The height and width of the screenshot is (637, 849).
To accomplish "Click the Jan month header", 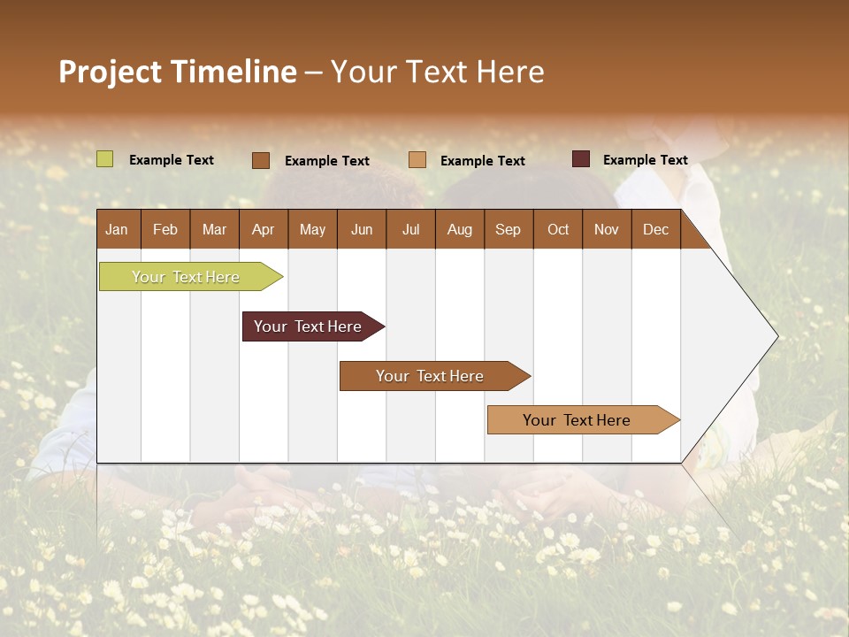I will pyautogui.click(x=117, y=229).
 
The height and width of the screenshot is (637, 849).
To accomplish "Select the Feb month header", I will pyautogui.click(x=165, y=229).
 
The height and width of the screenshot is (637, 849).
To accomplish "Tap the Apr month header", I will pyautogui.click(x=263, y=229).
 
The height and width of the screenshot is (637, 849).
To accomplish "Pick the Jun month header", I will pyautogui.click(x=362, y=229).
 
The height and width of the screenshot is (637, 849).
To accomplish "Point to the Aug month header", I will pyautogui.click(x=459, y=229).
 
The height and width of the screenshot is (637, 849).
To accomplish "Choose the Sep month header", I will pyautogui.click(x=508, y=229).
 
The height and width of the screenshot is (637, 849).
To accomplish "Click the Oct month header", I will pyautogui.click(x=558, y=229).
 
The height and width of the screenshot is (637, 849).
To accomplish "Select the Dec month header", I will pyautogui.click(x=655, y=229).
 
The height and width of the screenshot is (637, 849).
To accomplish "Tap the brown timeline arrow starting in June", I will pyautogui.click(x=431, y=376).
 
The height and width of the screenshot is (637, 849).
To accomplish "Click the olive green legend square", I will pyautogui.click(x=104, y=159).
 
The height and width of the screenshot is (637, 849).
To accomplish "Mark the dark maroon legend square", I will pyautogui.click(x=580, y=159).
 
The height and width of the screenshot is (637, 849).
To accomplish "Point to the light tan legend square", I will pyautogui.click(x=417, y=159).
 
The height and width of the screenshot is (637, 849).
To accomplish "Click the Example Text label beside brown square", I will pyautogui.click(x=326, y=160).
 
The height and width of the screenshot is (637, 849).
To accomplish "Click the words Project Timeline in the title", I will pyautogui.click(x=177, y=72).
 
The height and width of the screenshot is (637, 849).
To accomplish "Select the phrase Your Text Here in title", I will pyautogui.click(x=437, y=72).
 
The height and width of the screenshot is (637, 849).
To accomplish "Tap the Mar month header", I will pyautogui.click(x=214, y=229).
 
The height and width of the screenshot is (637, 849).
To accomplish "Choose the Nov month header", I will pyautogui.click(x=607, y=229).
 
